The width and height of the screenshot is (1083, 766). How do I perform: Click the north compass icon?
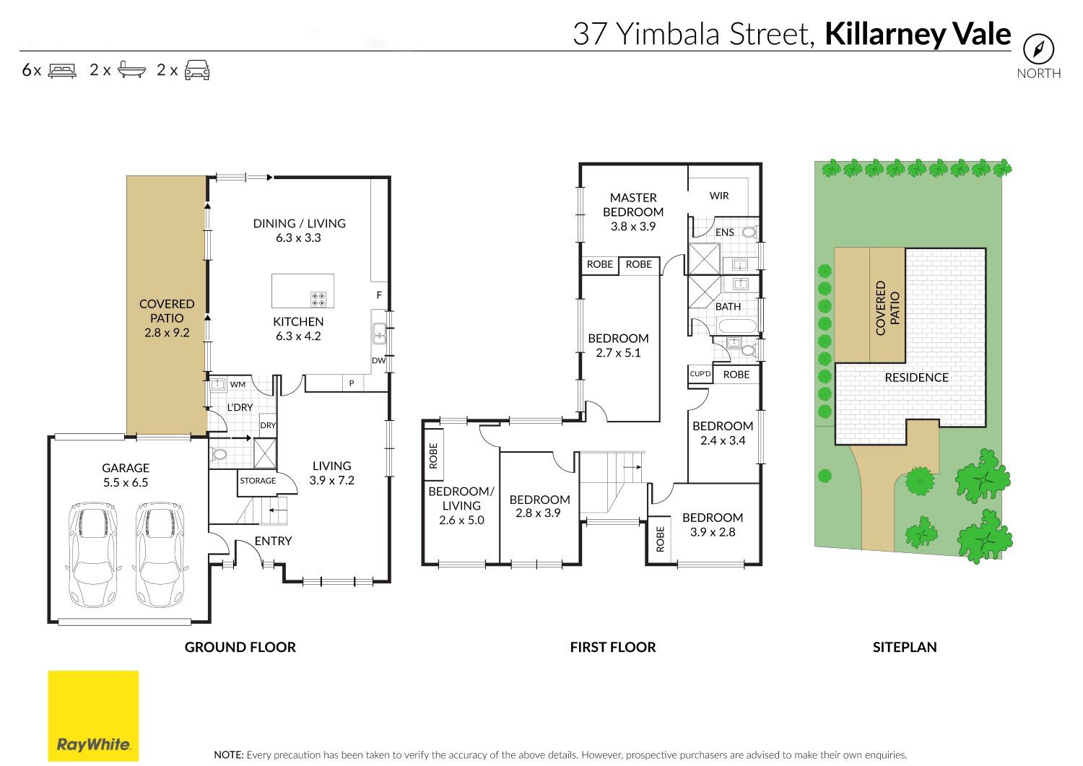tap(1038, 49)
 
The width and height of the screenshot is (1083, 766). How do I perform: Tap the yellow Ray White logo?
tap(93, 715)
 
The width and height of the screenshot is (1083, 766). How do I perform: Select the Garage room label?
tap(125, 468)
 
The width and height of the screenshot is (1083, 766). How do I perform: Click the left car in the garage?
tap(93, 554)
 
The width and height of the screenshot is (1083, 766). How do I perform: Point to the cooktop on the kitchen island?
tap(318, 299)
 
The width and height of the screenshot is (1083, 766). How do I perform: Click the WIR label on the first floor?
tap(719, 196)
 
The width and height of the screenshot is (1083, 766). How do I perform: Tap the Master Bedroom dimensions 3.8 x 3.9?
tap(633, 226)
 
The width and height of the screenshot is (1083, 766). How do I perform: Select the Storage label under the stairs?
tap(258, 481)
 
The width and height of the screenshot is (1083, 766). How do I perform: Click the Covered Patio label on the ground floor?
tap(167, 311)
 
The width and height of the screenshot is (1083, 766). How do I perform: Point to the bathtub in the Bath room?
tap(737, 326)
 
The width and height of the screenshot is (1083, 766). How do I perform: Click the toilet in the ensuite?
tap(749, 232)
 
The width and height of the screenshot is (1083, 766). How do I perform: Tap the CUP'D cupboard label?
tap(700, 374)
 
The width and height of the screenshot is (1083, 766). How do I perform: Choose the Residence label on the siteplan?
tap(917, 378)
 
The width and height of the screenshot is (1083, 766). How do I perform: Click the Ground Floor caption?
tap(240, 647)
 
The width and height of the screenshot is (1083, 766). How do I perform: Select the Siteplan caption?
tap(905, 647)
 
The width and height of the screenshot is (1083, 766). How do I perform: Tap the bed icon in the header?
tap(62, 71)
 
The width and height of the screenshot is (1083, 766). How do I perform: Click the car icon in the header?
tap(197, 70)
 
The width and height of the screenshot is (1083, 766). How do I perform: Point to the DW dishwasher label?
tap(378, 360)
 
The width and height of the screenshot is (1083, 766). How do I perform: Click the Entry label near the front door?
tap(273, 541)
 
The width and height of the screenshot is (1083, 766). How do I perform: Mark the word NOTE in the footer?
tap(229, 755)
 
